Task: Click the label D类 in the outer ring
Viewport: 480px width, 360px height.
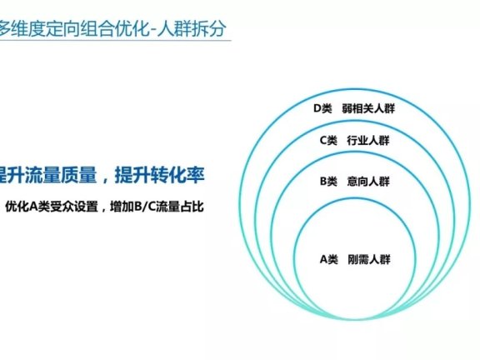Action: [322, 108]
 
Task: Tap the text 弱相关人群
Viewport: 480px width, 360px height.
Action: [366, 108]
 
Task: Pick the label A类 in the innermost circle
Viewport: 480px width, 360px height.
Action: [329, 259]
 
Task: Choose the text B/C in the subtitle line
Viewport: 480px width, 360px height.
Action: [142, 205]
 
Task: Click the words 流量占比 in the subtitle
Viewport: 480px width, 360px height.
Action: [179, 205]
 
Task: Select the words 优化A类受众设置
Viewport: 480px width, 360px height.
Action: [53, 205]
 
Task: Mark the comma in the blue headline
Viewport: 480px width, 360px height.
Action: [105, 177]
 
